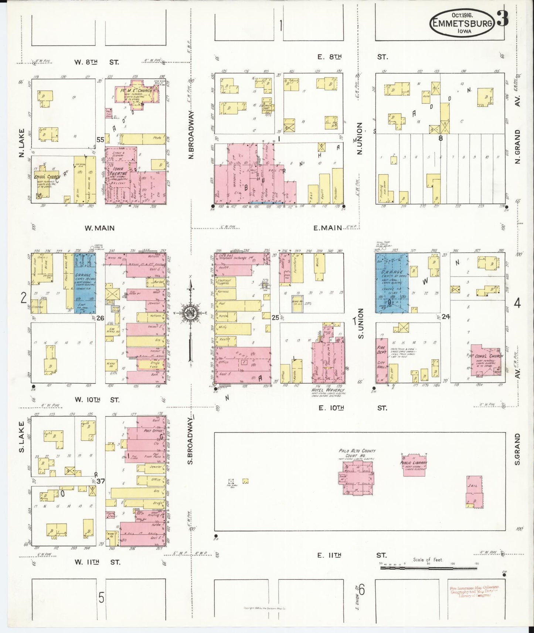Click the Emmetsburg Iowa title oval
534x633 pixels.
(462, 23)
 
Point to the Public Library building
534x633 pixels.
(414, 464)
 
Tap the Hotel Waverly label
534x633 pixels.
(327, 390)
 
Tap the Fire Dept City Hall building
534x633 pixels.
(382, 360)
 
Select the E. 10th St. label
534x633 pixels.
(331, 408)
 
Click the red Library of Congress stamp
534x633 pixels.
(474, 591)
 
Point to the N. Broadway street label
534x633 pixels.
(191, 135)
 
